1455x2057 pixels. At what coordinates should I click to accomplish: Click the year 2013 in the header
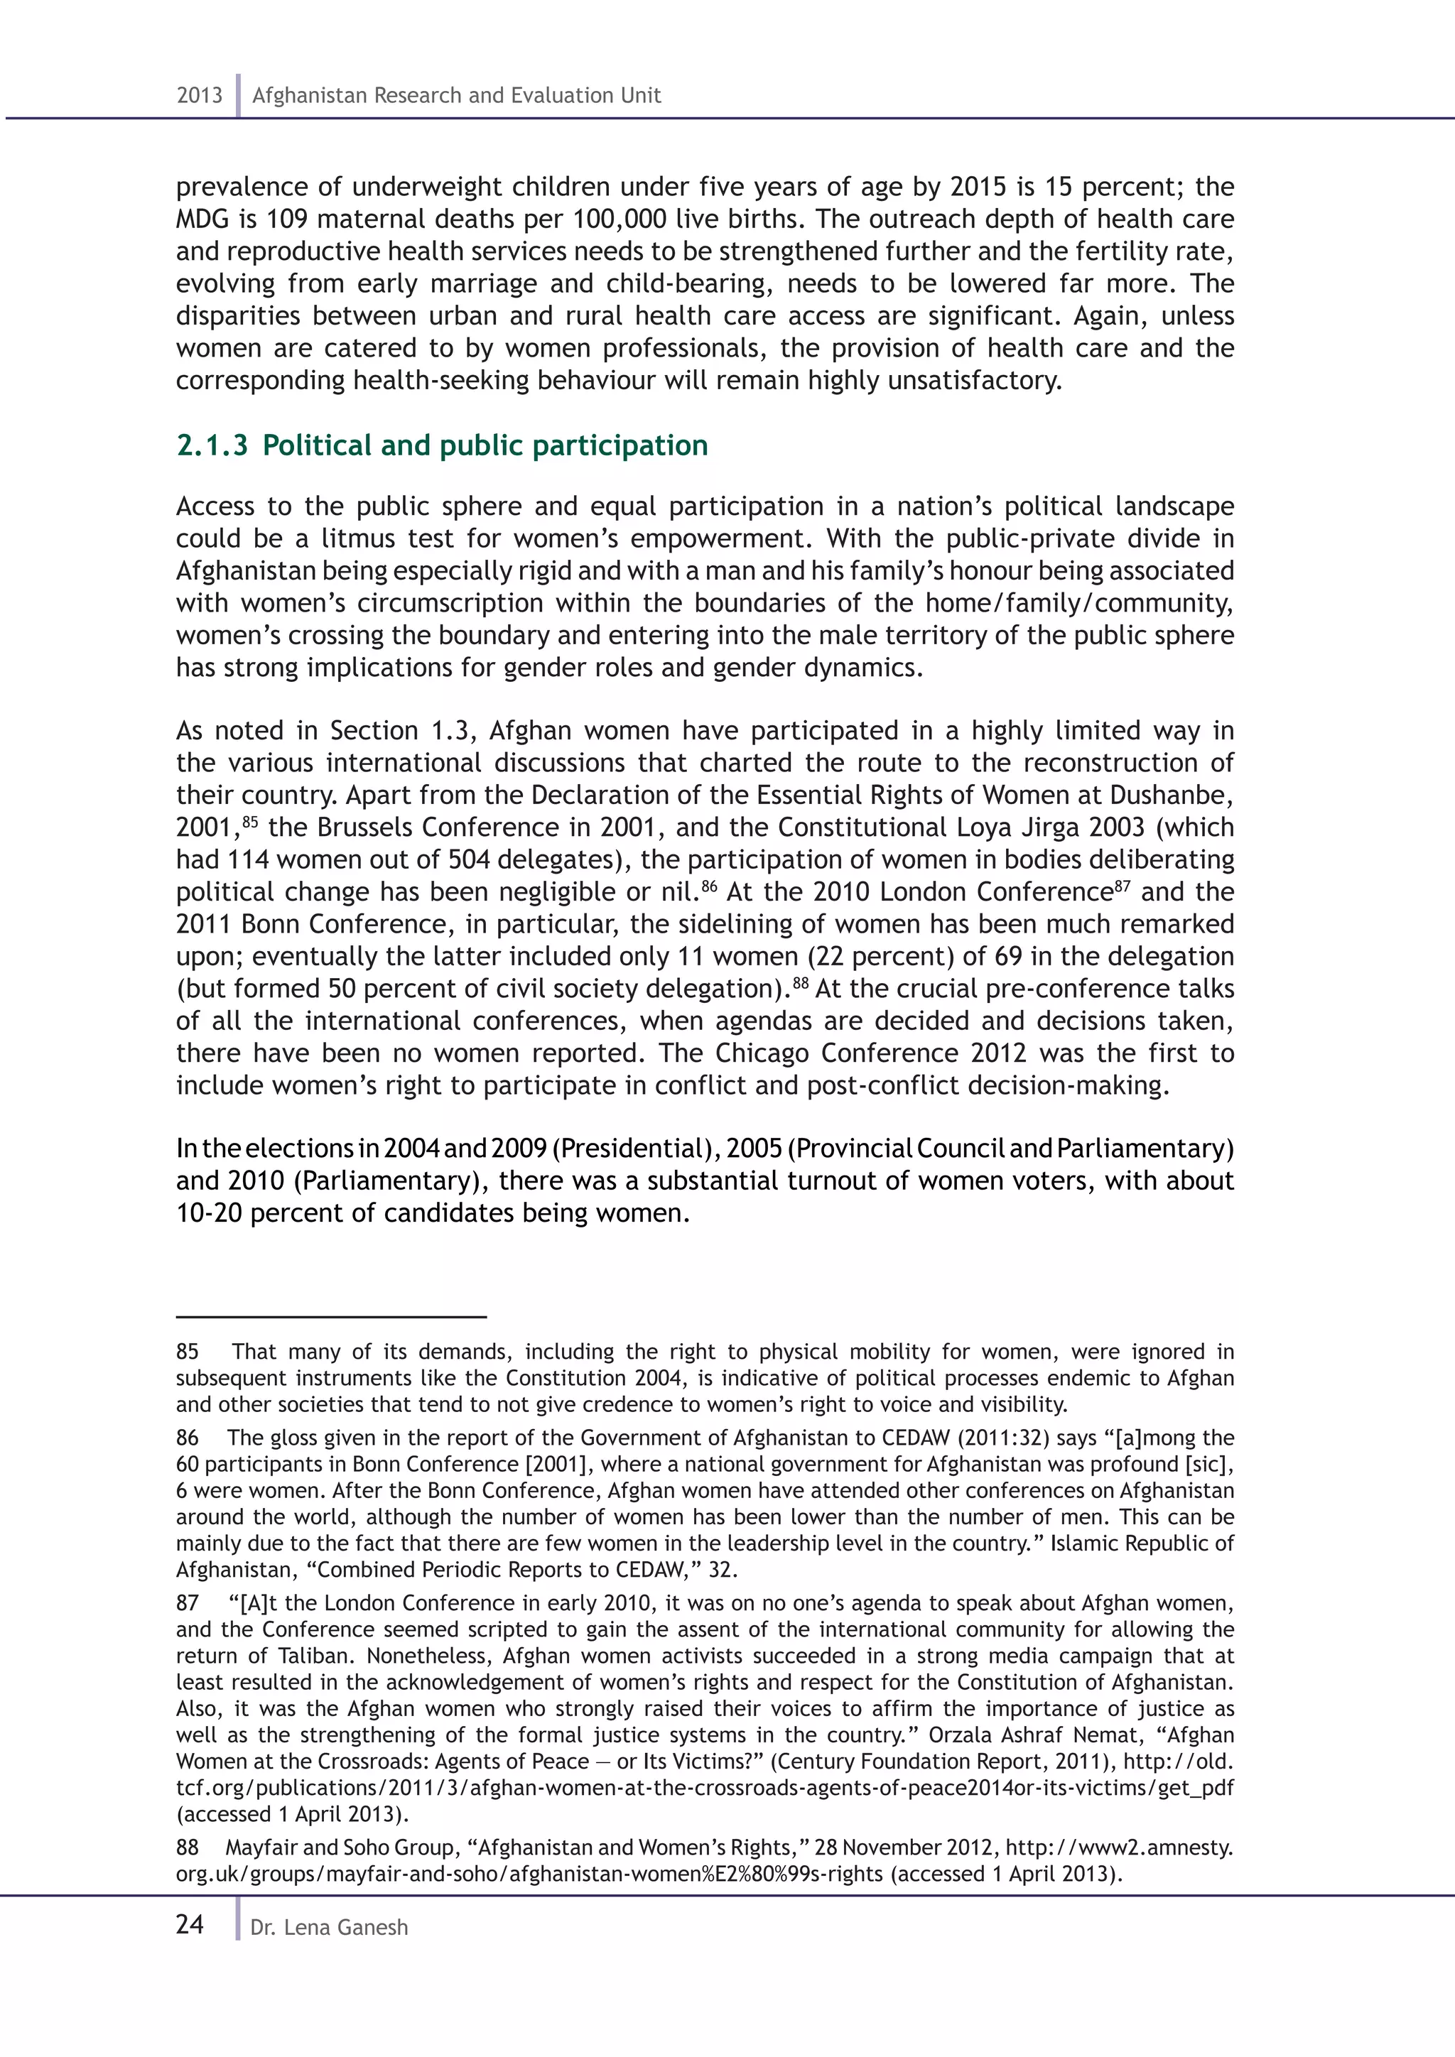pyautogui.click(x=199, y=96)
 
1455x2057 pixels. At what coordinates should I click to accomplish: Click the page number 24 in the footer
pyautogui.click(x=190, y=1924)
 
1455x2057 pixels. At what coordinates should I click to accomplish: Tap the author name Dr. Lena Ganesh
pyautogui.click(x=329, y=1927)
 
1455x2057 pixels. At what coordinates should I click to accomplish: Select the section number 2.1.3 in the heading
pyautogui.click(x=212, y=445)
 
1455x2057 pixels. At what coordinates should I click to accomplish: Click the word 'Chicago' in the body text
pyautogui.click(x=762, y=1053)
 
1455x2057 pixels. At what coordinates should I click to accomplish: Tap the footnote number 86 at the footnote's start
pyautogui.click(x=188, y=1438)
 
